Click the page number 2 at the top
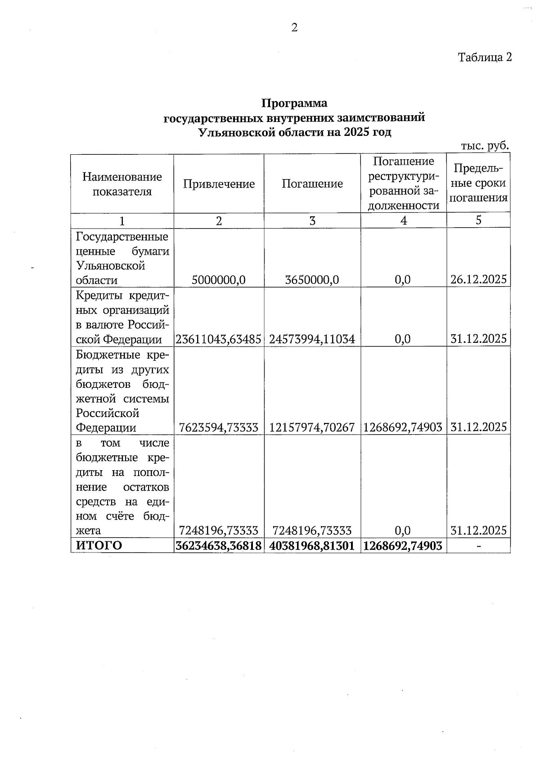tap(294, 28)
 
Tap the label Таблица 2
tap(485, 57)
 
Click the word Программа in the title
tap(294, 103)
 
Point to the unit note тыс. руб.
tap(485, 146)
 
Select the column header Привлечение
tap(219, 184)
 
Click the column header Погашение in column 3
tap(312, 184)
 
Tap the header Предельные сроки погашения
tap(478, 183)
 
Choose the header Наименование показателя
tap(122, 184)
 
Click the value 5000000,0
tap(219, 280)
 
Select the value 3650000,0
tap(312, 280)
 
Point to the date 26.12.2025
tap(478, 279)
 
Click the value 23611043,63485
tap(219, 339)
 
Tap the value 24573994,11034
tap(312, 339)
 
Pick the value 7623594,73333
tap(219, 427)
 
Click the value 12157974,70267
tap(312, 427)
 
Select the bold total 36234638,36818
tap(219, 545)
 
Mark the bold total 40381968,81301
tap(312, 545)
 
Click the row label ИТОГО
tap(99, 545)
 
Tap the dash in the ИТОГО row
tap(479, 546)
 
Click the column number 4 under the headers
tap(404, 220)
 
